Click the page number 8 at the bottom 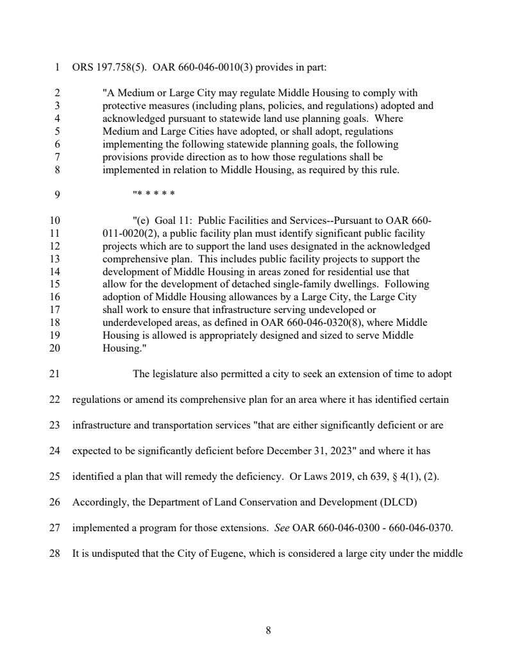coord(268,630)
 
